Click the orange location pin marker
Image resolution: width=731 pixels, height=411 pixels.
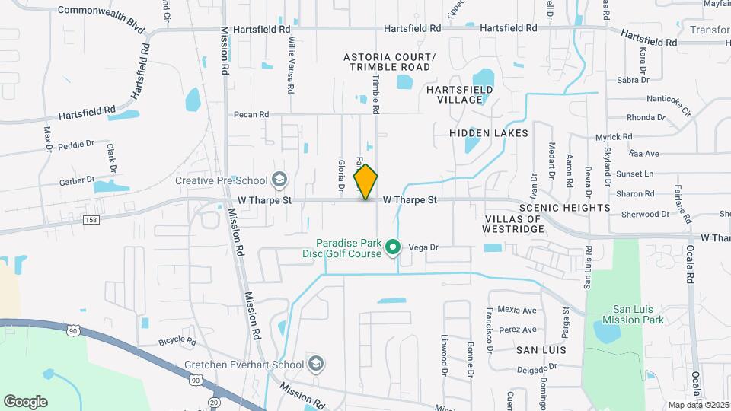[x=366, y=181]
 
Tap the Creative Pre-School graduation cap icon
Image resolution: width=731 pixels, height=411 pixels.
[x=279, y=180]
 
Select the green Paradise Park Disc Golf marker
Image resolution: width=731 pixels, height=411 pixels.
[x=393, y=247]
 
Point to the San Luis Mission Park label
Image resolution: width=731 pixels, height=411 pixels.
[x=639, y=315]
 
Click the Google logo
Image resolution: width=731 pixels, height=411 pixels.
[x=25, y=401]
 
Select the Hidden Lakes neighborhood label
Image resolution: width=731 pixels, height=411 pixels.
[x=488, y=133]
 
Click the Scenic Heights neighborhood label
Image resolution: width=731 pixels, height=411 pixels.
[x=564, y=208]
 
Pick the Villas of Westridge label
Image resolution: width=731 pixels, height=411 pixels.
[x=512, y=224]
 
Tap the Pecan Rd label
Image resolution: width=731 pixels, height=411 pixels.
[x=252, y=115]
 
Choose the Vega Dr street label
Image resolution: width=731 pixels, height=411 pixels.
[x=424, y=247]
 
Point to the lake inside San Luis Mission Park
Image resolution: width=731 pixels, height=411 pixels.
[x=607, y=332]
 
